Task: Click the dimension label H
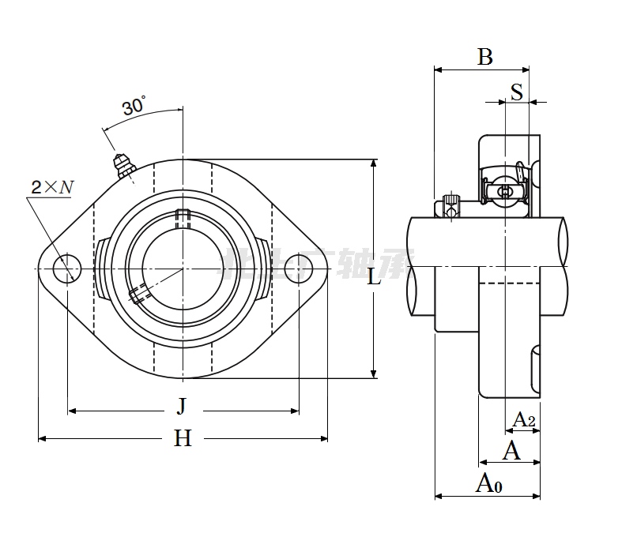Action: [183, 438]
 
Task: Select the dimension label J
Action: [182, 407]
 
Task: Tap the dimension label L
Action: [375, 276]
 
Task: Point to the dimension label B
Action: [485, 57]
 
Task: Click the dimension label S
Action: [517, 92]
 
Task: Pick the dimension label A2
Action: [524, 419]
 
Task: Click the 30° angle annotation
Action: [134, 105]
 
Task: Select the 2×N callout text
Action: [52, 187]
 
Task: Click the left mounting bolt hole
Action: [67, 268]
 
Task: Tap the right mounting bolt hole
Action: [298, 268]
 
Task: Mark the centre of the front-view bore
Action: [182, 268]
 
